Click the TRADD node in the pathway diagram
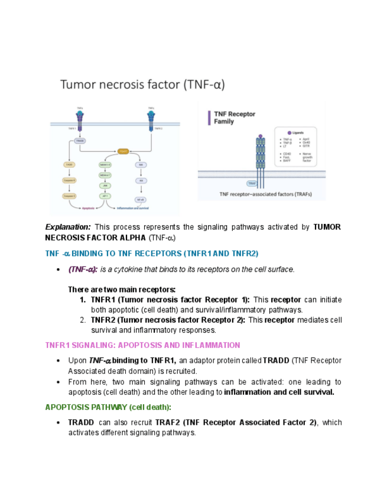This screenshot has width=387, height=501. pyautogui.click(x=80, y=141)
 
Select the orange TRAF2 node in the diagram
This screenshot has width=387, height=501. pyautogui.click(x=123, y=152)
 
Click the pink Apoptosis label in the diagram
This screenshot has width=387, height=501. pyautogui.click(x=89, y=208)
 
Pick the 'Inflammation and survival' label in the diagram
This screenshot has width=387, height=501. pyautogui.click(x=132, y=208)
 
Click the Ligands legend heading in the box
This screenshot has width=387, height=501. pyautogui.click(x=297, y=133)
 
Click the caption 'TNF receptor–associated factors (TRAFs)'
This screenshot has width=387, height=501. pyautogui.click(x=265, y=194)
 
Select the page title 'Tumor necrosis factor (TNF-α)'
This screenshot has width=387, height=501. pyautogui.click(x=142, y=84)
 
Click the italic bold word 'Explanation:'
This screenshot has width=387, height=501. pyautogui.click(x=68, y=227)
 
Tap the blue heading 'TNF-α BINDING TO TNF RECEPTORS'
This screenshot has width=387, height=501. pyautogui.click(x=152, y=253)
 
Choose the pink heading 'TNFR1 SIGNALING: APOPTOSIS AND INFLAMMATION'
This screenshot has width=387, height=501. pyautogui.click(x=142, y=345)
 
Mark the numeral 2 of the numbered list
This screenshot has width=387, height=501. pyautogui.click(x=83, y=320)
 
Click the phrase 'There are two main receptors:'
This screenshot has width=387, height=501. pyautogui.click(x=122, y=289)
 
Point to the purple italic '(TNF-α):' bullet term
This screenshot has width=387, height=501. pyautogui.click(x=83, y=269)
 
